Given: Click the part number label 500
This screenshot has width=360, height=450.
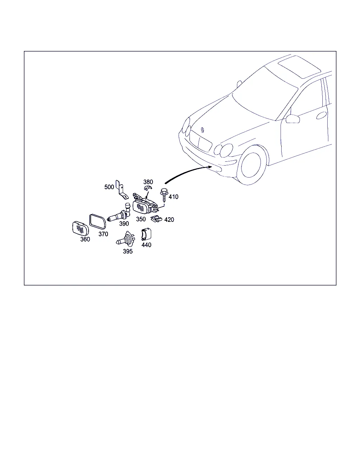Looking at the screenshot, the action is (x=109, y=187).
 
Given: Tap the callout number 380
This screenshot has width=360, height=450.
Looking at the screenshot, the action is (x=148, y=182).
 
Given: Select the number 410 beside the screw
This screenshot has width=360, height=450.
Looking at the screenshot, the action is (x=173, y=197).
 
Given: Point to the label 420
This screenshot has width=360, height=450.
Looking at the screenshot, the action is (x=169, y=220).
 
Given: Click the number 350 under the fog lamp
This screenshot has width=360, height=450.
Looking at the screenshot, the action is (x=141, y=219).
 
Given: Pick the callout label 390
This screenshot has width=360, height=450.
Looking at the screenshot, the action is (x=124, y=224).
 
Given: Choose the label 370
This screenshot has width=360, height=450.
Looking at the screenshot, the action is (x=103, y=234).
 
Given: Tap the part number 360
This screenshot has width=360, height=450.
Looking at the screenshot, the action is (x=85, y=239).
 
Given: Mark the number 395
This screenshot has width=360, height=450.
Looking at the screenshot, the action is (x=128, y=251).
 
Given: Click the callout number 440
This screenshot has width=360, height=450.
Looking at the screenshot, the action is (x=146, y=245).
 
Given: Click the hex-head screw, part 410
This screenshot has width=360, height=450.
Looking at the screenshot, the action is (x=164, y=195).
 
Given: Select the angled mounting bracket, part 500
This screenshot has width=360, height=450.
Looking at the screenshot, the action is (x=122, y=190).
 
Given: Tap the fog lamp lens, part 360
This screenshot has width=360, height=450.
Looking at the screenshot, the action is (x=81, y=229).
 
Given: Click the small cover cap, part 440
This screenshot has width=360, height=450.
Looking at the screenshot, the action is (x=146, y=234).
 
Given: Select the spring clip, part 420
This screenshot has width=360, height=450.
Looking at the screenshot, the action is (x=156, y=219).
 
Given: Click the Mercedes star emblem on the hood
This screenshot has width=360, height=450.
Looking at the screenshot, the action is (x=202, y=130).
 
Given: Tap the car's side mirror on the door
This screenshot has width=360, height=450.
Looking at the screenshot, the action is (x=292, y=119).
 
